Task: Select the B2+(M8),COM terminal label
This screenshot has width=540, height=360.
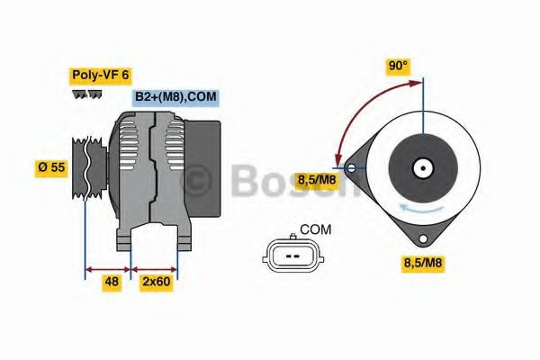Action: pos(175,97)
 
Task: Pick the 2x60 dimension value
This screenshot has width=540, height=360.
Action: pos(156,283)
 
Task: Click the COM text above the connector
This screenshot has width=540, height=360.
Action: pos(314,229)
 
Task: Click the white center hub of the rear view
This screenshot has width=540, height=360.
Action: pos(421,166)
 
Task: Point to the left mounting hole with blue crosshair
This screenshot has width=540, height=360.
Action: pos(351,166)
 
